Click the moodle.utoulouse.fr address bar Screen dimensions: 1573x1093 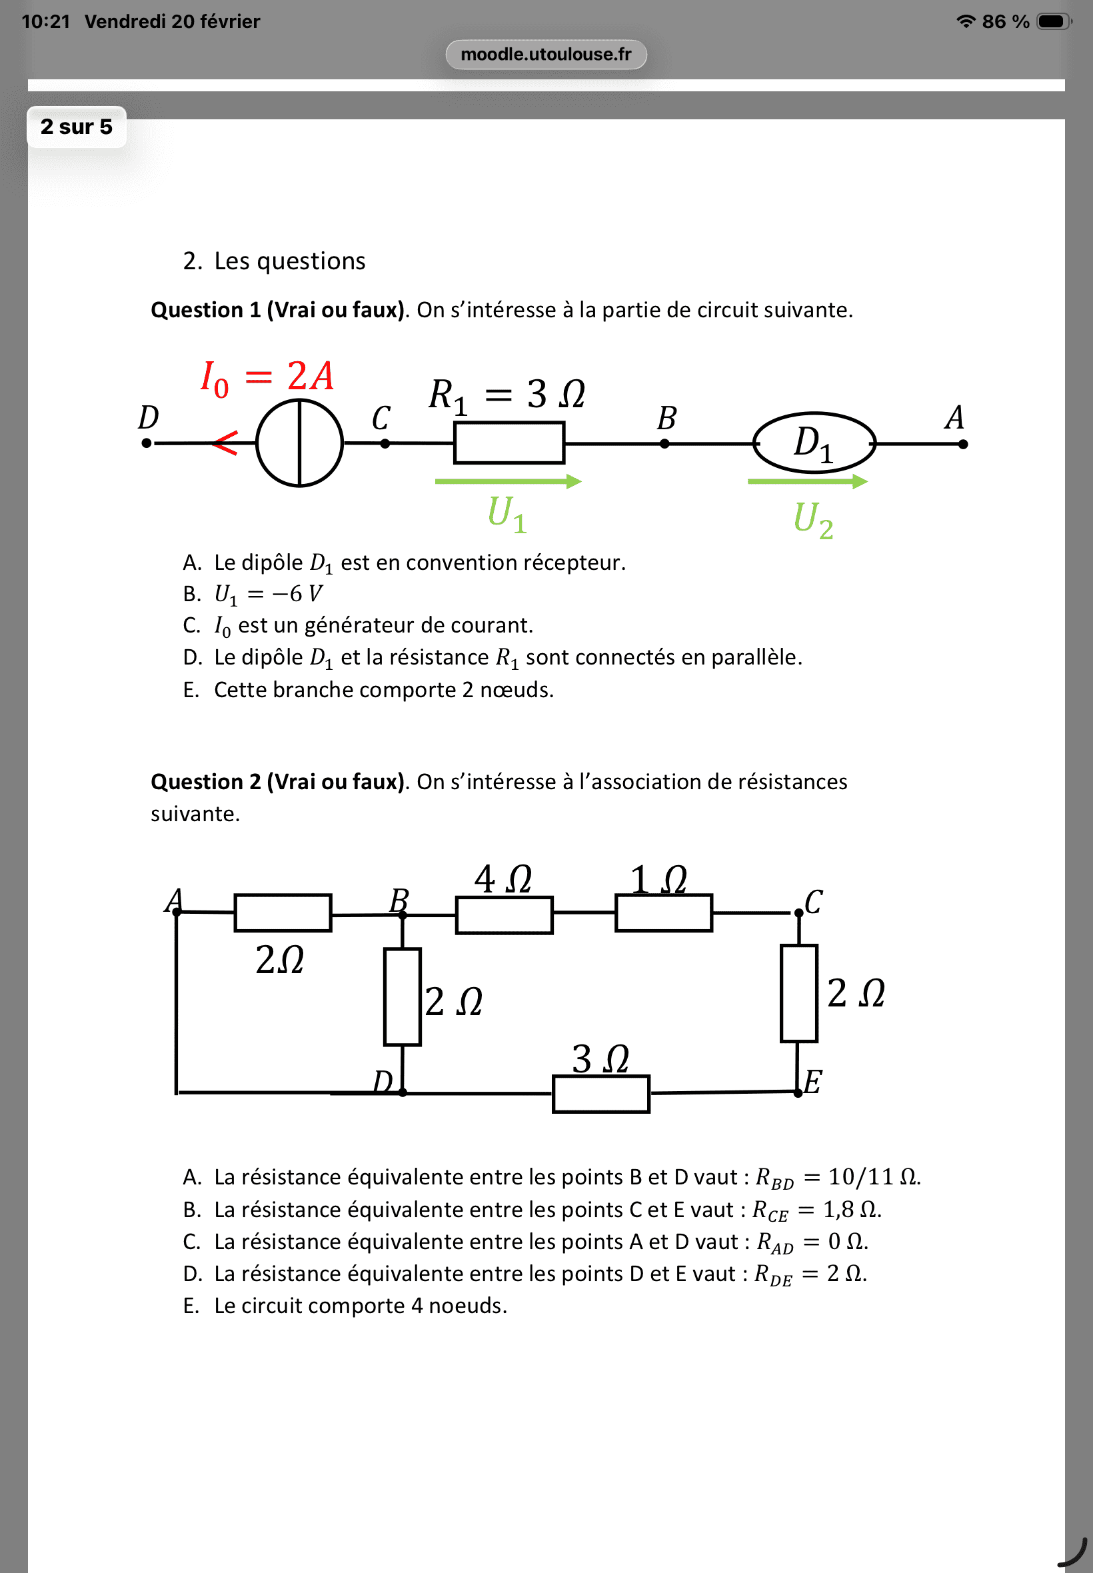pos(546,54)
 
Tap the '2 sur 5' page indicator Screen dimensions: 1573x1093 pos(76,127)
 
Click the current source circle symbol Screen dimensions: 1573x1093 pos(299,443)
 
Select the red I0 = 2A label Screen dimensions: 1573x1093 pos(267,377)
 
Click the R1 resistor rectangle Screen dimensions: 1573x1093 pos(509,443)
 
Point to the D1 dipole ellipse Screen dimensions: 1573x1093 pos(814,443)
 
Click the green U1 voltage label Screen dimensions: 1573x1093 pos(507,514)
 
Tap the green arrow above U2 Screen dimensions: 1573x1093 pos(808,481)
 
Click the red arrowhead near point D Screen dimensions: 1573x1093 pos(225,443)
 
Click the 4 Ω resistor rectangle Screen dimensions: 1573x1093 pos(504,915)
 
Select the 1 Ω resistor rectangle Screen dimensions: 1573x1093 pos(663,912)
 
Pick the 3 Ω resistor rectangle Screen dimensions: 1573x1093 pos(600,1094)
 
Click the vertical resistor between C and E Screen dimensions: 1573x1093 pos(798,993)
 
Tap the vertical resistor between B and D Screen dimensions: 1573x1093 pos(402,997)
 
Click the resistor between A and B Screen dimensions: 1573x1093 pos(283,913)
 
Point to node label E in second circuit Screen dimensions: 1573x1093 pos(812,1082)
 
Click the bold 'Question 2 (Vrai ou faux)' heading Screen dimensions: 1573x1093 pos(278,781)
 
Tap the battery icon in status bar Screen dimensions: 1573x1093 pos(1053,21)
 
